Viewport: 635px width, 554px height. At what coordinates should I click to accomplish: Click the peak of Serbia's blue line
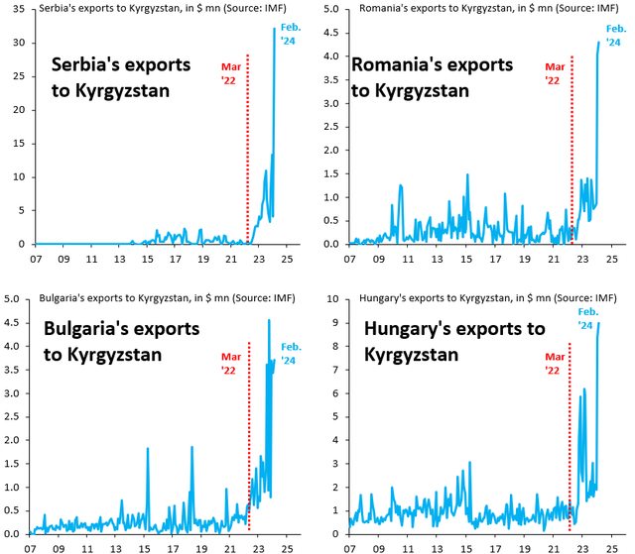tap(274, 29)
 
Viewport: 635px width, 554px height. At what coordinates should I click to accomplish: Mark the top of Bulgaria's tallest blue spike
tap(270, 320)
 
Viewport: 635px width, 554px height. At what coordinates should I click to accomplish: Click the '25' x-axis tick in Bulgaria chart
tap(286, 546)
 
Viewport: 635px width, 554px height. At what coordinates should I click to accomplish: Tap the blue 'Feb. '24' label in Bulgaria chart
tap(292, 351)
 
